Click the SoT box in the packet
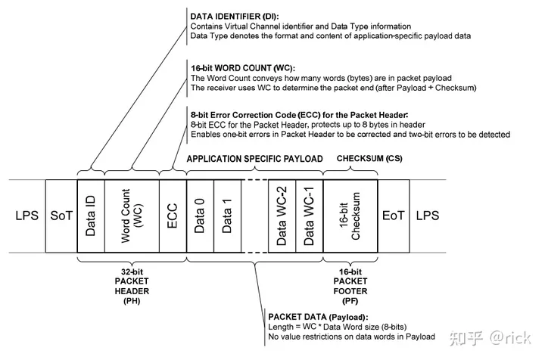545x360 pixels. pyautogui.click(x=61, y=215)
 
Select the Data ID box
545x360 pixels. pyautogui.click(x=91, y=215)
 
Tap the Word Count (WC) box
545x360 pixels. pyautogui.click(x=131, y=215)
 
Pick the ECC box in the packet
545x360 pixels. pyautogui.click(x=172, y=215)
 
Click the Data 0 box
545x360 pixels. pyautogui.click(x=199, y=215)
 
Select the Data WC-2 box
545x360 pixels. pyautogui.click(x=282, y=215)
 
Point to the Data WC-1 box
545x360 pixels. pyautogui.click(x=309, y=215)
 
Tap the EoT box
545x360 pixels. pyautogui.click(x=394, y=215)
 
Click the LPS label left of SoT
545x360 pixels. pyautogui.click(x=23, y=215)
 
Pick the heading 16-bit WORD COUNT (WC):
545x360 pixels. pyautogui.click(x=235, y=67)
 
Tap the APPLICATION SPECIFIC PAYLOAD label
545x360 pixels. pyautogui.click(x=254, y=158)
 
